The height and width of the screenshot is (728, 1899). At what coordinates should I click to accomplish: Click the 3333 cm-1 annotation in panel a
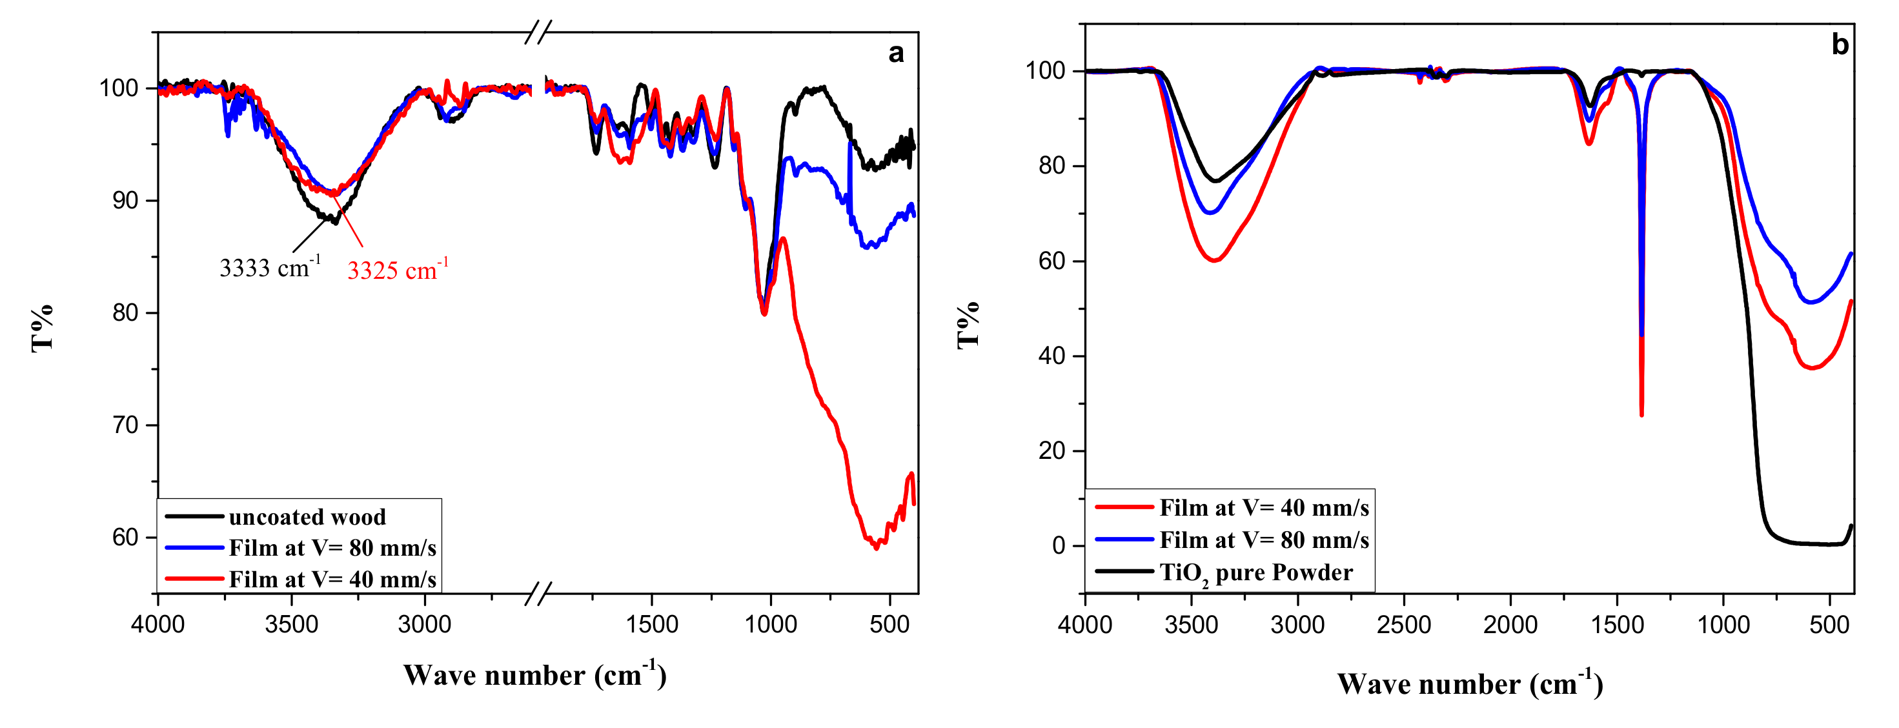tap(269, 267)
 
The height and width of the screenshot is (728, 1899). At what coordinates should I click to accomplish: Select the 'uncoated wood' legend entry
tap(307, 516)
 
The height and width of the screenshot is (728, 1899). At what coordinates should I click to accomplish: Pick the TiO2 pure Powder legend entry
tap(1255, 572)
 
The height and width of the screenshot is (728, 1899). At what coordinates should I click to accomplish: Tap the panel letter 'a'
tap(896, 53)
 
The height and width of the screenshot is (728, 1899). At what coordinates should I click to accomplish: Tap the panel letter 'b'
tap(1840, 46)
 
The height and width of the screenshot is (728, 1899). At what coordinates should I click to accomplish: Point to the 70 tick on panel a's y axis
tap(125, 425)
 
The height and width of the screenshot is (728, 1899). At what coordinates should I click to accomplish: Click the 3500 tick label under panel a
tap(291, 625)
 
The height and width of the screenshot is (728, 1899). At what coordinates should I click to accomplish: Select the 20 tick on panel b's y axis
tap(1053, 451)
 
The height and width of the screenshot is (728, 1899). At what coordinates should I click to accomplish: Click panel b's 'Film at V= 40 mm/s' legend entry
tap(1264, 508)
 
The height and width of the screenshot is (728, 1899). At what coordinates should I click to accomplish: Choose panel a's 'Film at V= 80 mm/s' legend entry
tap(332, 548)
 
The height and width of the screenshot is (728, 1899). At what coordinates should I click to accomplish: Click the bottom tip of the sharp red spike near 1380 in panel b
tap(1641, 415)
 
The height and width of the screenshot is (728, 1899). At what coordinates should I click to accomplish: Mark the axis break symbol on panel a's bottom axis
tap(539, 594)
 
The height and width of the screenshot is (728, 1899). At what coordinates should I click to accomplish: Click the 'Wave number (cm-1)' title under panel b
tap(1469, 685)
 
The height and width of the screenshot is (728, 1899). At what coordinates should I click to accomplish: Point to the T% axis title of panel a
tap(42, 328)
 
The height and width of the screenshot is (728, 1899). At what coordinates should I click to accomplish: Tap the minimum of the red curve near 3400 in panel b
tap(1214, 260)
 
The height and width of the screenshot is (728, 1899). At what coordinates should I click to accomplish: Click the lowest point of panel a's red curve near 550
tap(876, 547)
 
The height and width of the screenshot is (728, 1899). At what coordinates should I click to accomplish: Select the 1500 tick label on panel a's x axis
tap(652, 625)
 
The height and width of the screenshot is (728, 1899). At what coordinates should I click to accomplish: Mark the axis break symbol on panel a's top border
tap(539, 32)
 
